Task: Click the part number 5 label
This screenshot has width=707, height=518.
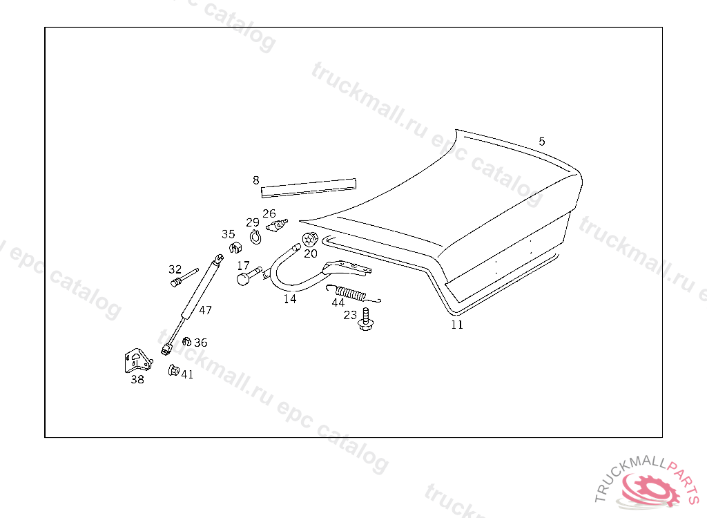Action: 542,142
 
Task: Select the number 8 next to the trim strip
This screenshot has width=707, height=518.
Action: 255,180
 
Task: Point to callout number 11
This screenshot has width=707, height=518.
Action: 457,325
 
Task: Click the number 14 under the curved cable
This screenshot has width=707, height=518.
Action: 289,299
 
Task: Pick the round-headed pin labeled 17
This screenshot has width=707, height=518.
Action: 245,278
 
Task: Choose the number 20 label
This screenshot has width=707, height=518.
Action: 311,253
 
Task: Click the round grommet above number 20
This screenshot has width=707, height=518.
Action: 309,240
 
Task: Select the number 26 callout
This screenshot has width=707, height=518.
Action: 269,213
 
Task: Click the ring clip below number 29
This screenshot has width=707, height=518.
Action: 255,237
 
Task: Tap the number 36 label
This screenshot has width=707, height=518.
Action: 200,343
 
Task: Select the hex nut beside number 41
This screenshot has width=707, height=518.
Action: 173,372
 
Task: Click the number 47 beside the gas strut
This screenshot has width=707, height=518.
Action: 206,310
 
